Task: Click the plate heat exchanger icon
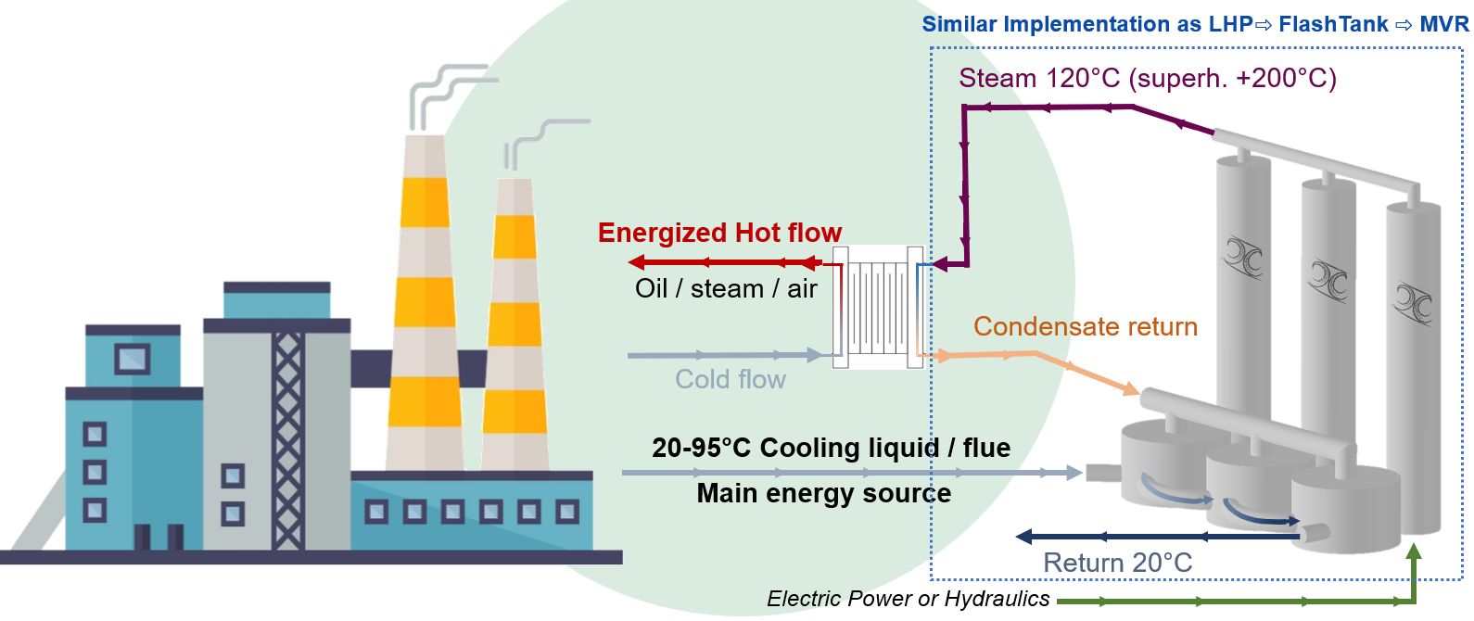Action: pos(877,307)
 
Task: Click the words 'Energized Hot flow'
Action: pos(719,233)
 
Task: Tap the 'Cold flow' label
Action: pos(731,379)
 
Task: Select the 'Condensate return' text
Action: pos(1085,326)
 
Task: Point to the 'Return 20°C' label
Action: pos(1117,563)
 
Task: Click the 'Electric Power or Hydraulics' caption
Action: pos(908,599)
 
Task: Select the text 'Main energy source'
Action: pos(823,493)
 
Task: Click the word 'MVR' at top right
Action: pos(1443,24)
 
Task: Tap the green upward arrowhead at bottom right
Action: pos(1413,553)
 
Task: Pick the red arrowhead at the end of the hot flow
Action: pos(637,261)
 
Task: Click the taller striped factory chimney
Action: pos(426,306)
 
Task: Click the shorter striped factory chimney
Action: pos(515,324)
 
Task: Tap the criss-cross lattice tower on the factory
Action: pos(287,436)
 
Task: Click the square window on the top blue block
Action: pos(132,358)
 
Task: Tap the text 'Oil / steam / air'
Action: pos(726,288)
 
